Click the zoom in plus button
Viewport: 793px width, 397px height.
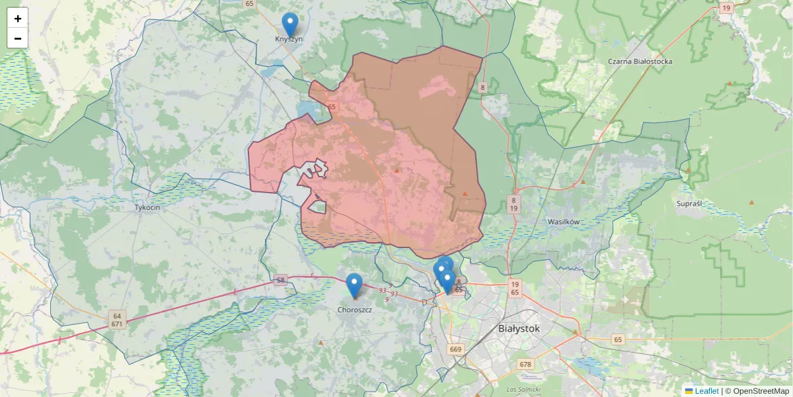pyautogui.click(x=18, y=19)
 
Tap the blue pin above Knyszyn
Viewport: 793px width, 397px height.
pyautogui.click(x=289, y=24)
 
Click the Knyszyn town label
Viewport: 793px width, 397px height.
pyautogui.click(x=289, y=39)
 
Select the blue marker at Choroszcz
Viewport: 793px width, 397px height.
pyautogui.click(x=354, y=285)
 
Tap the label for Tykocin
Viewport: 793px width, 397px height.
pyautogui.click(x=147, y=207)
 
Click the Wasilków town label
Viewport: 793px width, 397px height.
pyautogui.click(x=563, y=222)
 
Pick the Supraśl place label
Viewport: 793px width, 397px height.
pyautogui.click(x=689, y=204)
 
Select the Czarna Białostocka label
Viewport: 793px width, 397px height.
pyautogui.click(x=640, y=62)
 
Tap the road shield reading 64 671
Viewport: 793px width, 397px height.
pyautogui.click(x=117, y=320)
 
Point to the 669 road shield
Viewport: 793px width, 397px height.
pyautogui.click(x=455, y=349)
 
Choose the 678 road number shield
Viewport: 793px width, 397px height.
pyautogui.click(x=525, y=364)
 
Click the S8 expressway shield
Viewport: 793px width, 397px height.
pyautogui.click(x=281, y=281)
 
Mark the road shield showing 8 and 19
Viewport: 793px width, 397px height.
pyautogui.click(x=513, y=204)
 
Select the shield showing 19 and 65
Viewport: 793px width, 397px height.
pyautogui.click(x=515, y=287)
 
